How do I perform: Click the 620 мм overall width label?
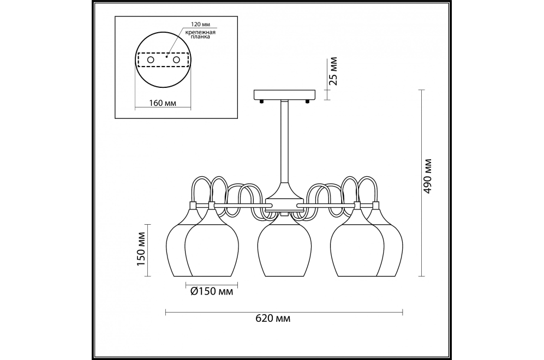tap(273, 319)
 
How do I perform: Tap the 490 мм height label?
tap(428, 176)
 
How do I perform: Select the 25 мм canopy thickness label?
tap(333, 71)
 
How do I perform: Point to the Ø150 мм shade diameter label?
tap(212, 292)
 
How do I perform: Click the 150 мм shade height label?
tap(141, 249)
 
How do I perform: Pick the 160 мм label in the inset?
tap(163, 103)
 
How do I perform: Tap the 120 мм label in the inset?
tap(201, 25)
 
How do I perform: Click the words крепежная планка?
tap(200, 34)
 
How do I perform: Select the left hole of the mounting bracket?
tap(151, 59)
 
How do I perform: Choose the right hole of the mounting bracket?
tap(176, 59)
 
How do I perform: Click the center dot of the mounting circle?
tap(166, 57)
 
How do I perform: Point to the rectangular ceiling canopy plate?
tap(285, 95)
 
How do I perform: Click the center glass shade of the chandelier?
tap(284, 248)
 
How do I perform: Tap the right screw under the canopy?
tap(307, 101)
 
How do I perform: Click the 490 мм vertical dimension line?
tap(422, 183)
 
